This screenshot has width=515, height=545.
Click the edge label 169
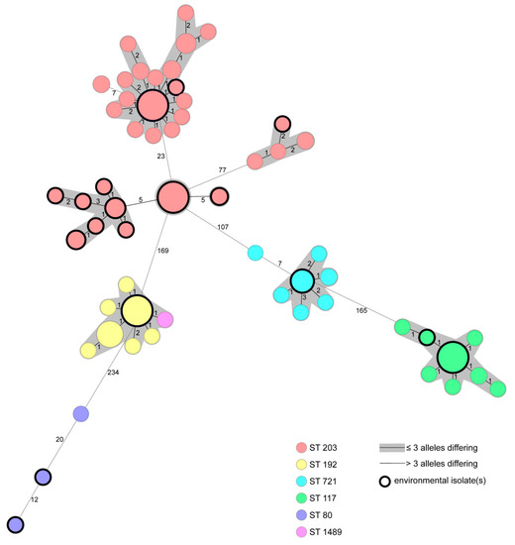pyautogui.click(x=162, y=251)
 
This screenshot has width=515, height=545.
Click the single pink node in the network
pyautogui.click(x=166, y=319)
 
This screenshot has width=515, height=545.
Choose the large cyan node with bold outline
pyautogui.click(x=302, y=281)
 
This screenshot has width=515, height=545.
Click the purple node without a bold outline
pyautogui.click(x=81, y=413)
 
